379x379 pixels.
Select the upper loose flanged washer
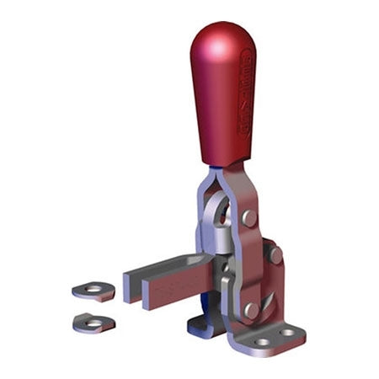coord(93,291)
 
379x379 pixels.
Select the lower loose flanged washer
coord(93,321)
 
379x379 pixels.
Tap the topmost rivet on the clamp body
coord(249,217)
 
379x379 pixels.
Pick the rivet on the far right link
coord(275,254)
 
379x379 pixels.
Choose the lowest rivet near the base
coord(251,310)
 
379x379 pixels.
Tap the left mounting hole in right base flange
coord(262,342)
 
